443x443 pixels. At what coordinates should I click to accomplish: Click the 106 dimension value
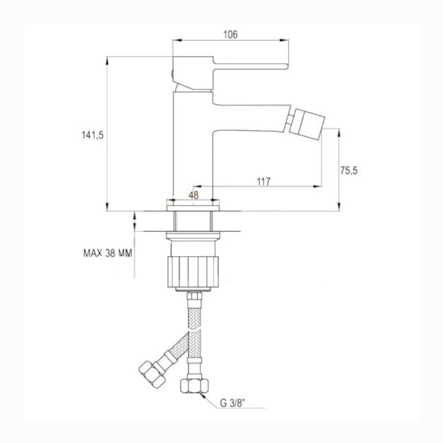[x=230, y=35]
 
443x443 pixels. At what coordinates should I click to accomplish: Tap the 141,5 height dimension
[x=93, y=135]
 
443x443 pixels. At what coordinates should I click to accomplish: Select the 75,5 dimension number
[x=349, y=171]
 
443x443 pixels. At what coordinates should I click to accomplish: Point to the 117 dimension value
[x=264, y=181]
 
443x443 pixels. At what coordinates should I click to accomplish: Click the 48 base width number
[x=194, y=195]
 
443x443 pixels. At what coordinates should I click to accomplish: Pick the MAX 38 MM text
[x=108, y=253]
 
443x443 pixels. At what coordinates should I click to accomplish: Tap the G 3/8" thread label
[x=232, y=403]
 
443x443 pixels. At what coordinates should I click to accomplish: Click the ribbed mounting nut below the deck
[x=193, y=272]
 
